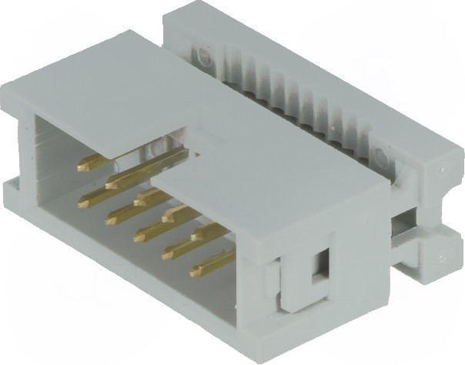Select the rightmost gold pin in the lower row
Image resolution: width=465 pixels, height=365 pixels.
[x=202, y=269]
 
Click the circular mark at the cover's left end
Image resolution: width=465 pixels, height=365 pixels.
[x=202, y=55]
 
